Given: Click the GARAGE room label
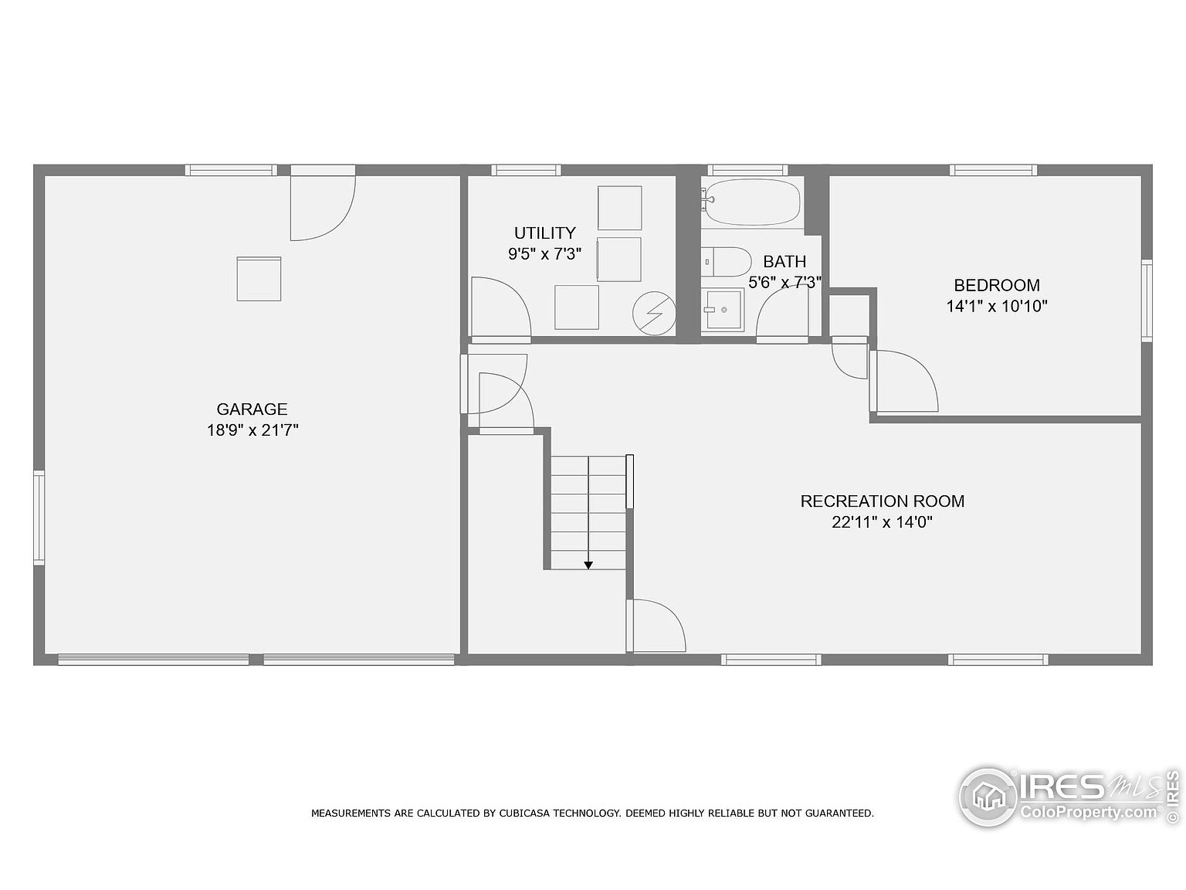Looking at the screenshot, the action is coord(252,409).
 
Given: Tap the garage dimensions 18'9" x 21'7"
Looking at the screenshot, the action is coord(252,430).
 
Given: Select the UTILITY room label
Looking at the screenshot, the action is coord(544,233).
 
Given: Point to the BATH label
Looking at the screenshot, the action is coord(784,262).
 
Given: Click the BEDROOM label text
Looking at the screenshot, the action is coord(997,285).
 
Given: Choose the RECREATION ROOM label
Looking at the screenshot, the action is coord(883,501).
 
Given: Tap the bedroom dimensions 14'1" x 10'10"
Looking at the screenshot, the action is coord(997,307).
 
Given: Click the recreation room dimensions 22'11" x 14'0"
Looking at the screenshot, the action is coord(883,522).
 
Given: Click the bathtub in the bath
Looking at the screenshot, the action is coord(753,202).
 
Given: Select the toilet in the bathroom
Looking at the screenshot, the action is coord(727,262).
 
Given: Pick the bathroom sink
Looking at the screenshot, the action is coord(723,310).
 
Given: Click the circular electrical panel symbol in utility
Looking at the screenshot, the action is coord(654,314).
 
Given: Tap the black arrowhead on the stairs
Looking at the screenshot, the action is coord(588,566).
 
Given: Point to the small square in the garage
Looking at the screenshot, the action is coord(259,279).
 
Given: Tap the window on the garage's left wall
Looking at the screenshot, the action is coord(39,518).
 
